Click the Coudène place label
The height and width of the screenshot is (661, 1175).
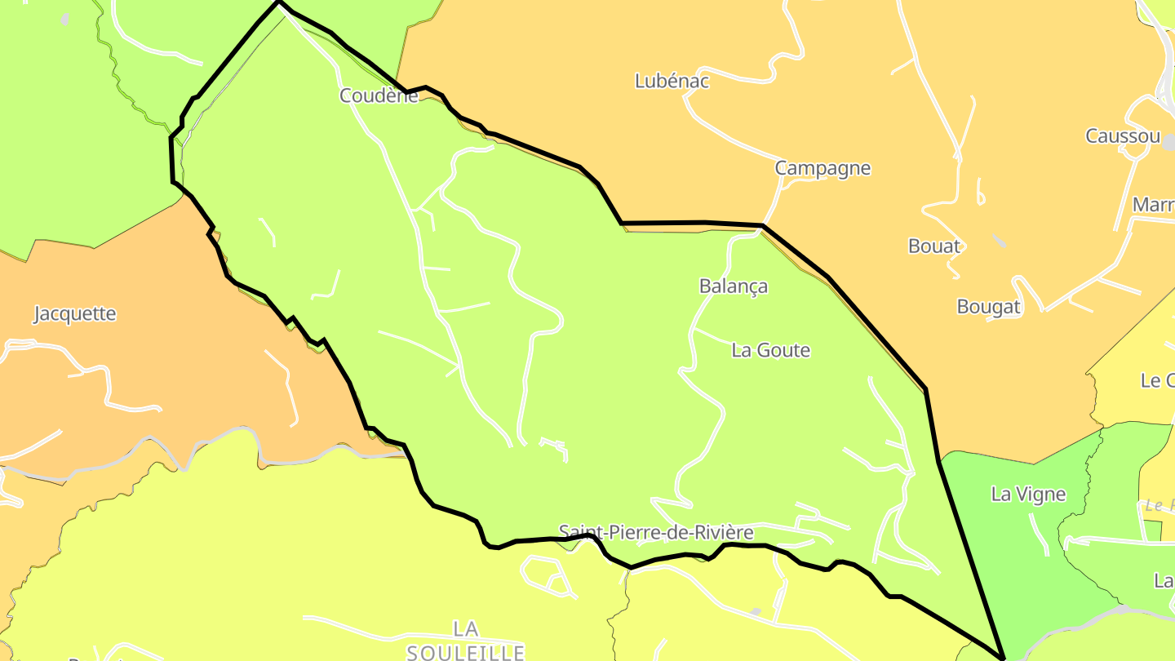click(379, 95)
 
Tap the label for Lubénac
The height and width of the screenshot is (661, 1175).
click(672, 81)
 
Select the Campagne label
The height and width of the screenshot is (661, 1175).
click(822, 168)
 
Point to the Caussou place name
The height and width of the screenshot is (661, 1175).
click(1122, 136)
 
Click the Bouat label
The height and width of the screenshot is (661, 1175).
click(934, 246)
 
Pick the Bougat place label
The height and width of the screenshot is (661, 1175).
click(989, 307)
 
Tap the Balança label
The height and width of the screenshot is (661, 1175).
click(734, 286)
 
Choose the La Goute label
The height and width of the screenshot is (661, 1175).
click(770, 350)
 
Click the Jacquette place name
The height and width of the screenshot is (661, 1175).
click(75, 313)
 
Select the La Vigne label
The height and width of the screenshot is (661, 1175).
click(1028, 494)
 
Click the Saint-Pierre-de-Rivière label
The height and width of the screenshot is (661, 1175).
click(656, 533)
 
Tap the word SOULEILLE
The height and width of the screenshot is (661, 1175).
click(465, 652)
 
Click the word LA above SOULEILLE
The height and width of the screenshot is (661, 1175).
click(465, 628)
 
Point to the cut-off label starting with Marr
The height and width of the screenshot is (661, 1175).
click(1153, 204)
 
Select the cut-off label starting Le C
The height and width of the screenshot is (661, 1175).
click(1157, 380)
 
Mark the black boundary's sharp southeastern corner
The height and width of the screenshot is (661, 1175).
click(1003, 656)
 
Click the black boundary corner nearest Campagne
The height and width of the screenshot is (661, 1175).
click(762, 225)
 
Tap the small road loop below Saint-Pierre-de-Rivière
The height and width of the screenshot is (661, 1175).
click(548, 574)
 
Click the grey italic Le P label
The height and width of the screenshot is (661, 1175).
click(1159, 505)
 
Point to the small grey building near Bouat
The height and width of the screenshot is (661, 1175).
click(999, 241)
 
